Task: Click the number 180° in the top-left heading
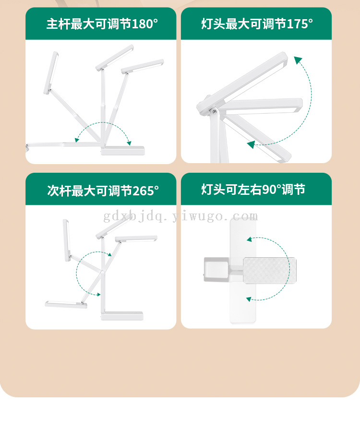point(145,24)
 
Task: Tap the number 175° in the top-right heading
point(300,24)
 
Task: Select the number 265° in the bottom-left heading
point(145,191)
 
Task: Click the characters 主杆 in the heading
point(58,24)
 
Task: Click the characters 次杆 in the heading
point(59,191)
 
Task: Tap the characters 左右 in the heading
point(250,190)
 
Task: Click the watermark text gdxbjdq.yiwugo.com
point(180,216)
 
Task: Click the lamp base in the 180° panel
point(123,150)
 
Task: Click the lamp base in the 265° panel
point(122,316)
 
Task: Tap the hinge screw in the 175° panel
point(214,111)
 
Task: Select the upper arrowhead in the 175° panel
point(298,60)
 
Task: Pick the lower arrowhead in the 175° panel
point(251,144)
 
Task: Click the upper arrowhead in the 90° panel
point(249,239)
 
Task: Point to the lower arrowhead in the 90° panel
point(249,299)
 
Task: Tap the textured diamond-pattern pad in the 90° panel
point(269,270)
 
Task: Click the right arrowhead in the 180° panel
point(129,143)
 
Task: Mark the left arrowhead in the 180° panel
point(77,140)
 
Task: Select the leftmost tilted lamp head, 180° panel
point(51,72)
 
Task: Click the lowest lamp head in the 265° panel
point(66,304)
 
